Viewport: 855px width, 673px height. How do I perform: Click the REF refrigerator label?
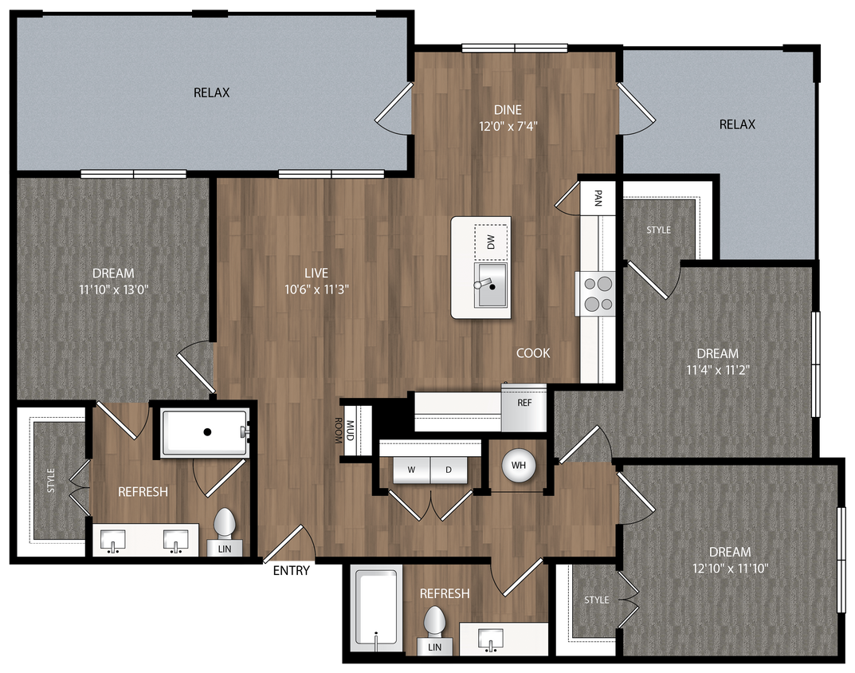click(x=524, y=403)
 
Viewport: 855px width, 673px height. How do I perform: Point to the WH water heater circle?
click(x=518, y=465)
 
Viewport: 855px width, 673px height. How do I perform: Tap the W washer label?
click(x=412, y=470)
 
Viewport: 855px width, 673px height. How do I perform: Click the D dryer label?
click(x=449, y=470)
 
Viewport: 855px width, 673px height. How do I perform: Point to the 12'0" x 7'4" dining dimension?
click(x=514, y=125)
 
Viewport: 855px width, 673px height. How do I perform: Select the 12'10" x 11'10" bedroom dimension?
click(x=730, y=569)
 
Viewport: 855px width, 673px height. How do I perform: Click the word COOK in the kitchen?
click(x=533, y=352)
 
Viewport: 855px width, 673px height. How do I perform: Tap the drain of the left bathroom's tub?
click(x=207, y=431)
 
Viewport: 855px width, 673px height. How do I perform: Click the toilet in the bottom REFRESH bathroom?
click(x=434, y=622)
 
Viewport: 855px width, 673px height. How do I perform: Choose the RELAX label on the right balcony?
click(x=737, y=124)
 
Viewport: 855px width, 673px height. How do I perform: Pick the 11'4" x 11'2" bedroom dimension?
click(x=717, y=370)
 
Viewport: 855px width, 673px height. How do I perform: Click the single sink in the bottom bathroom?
click(x=491, y=639)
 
